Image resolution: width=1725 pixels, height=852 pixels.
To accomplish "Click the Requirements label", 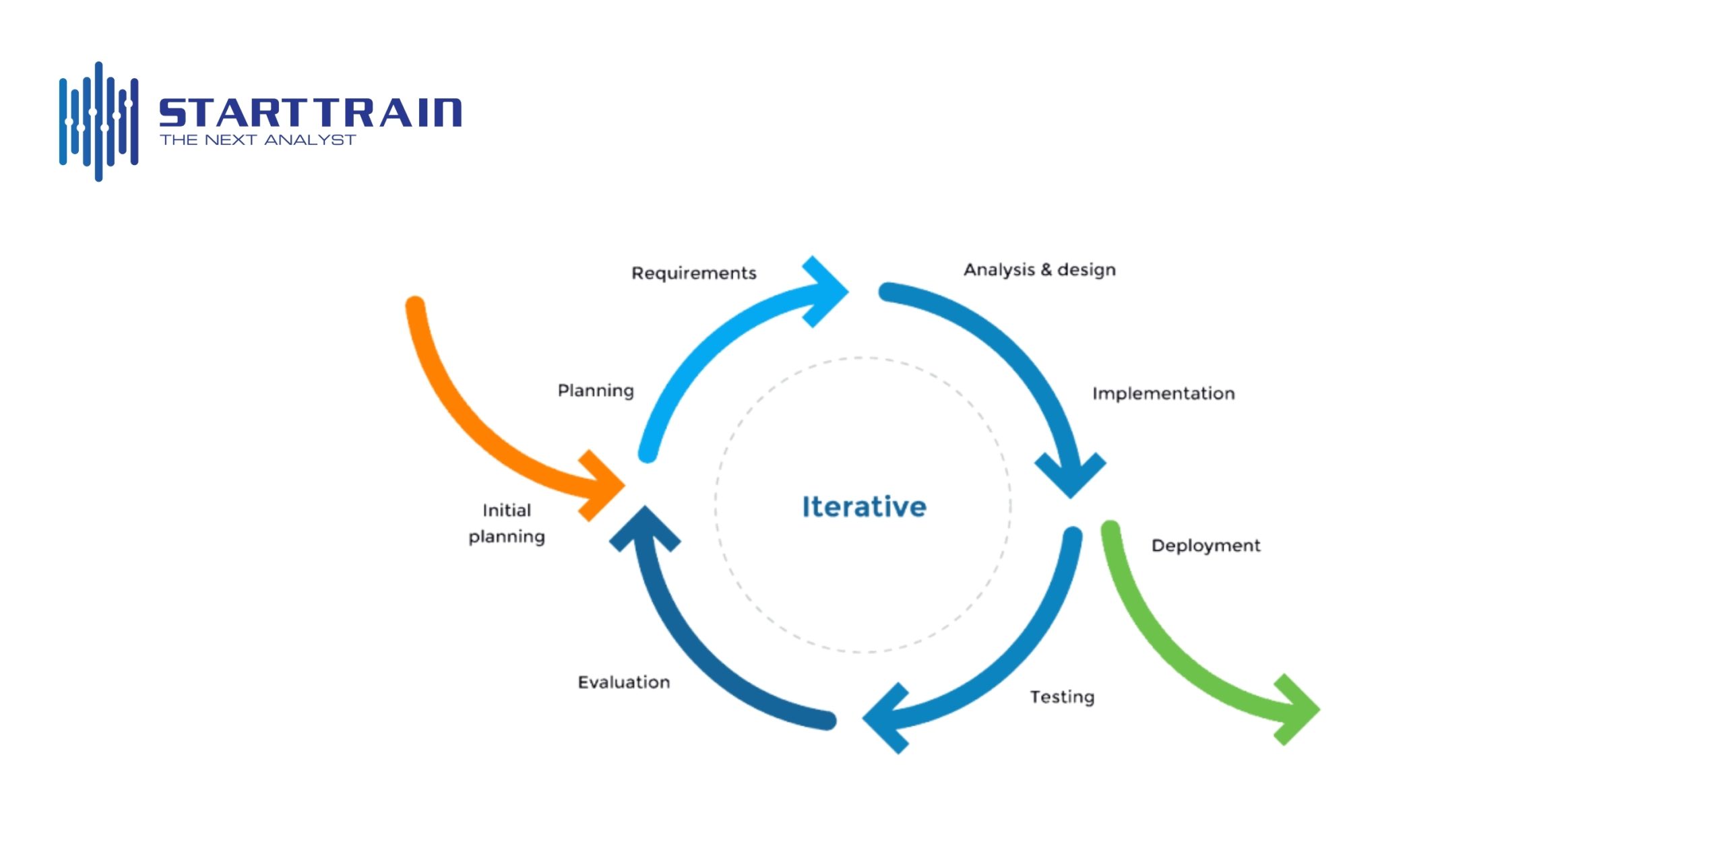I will click(693, 273).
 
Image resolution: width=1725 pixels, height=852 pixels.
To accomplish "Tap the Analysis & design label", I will click(1039, 270).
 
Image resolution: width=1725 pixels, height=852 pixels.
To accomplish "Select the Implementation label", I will click(1163, 394).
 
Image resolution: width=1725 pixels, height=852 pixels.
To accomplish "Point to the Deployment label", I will click(1205, 546).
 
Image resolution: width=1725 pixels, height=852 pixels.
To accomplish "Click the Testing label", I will click(1061, 697).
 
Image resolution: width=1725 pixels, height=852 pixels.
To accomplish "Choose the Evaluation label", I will click(623, 682).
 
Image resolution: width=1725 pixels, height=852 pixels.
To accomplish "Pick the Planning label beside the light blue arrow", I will click(596, 391).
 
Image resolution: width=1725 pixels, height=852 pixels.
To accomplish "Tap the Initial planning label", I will click(507, 523).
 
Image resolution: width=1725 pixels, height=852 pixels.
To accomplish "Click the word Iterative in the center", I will click(864, 507).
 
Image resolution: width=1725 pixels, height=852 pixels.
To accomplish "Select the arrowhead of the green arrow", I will click(1296, 710).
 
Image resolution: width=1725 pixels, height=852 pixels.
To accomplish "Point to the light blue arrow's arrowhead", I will click(826, 292).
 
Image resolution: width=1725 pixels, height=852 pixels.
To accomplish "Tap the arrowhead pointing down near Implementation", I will click(1070, 476).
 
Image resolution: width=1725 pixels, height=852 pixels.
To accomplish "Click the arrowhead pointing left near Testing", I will click(885, 719).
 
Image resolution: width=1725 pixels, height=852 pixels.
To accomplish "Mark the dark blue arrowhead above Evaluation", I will click(645, 528).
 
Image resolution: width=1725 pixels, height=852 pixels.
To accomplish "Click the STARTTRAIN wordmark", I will click(310, 112).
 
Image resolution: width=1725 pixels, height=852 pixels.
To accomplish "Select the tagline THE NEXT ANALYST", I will click(257, 140).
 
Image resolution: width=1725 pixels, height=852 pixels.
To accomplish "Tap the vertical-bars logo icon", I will click(98, 122).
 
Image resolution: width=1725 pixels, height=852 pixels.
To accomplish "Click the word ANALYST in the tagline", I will click(309, 140).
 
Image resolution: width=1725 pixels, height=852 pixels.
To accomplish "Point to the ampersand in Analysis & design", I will click(1046, 270).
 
